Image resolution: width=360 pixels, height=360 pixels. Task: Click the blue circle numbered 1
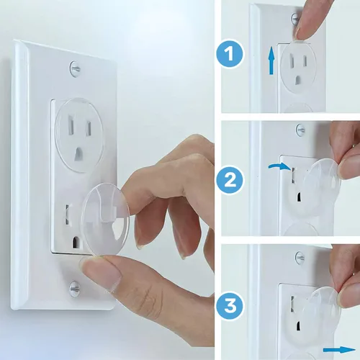click(230, 53)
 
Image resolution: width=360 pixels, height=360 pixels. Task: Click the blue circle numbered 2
click(230, 180)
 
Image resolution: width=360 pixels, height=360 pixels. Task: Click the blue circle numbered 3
click(230, 307)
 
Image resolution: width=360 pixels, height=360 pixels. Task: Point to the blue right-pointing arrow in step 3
click(339, 349)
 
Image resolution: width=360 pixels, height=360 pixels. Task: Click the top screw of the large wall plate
click(75, 69)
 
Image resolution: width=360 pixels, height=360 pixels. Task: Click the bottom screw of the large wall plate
click(74, 289)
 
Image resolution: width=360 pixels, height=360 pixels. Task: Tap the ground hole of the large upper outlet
click(79, 153)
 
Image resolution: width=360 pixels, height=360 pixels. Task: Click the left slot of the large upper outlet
click(71, 125)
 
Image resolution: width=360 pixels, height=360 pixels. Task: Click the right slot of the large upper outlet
click(89, 128)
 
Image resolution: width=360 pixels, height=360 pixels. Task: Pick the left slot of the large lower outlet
click(68, 215)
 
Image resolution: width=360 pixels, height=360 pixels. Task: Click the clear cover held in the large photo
click(106, 220)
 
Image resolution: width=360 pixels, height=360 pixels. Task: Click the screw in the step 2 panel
click(300, 130)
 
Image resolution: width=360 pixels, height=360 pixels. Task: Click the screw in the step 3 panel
click(300, 258)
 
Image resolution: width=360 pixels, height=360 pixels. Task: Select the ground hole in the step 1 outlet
click(297, 80)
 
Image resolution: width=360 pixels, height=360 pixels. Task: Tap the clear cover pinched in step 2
click(322, 186)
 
